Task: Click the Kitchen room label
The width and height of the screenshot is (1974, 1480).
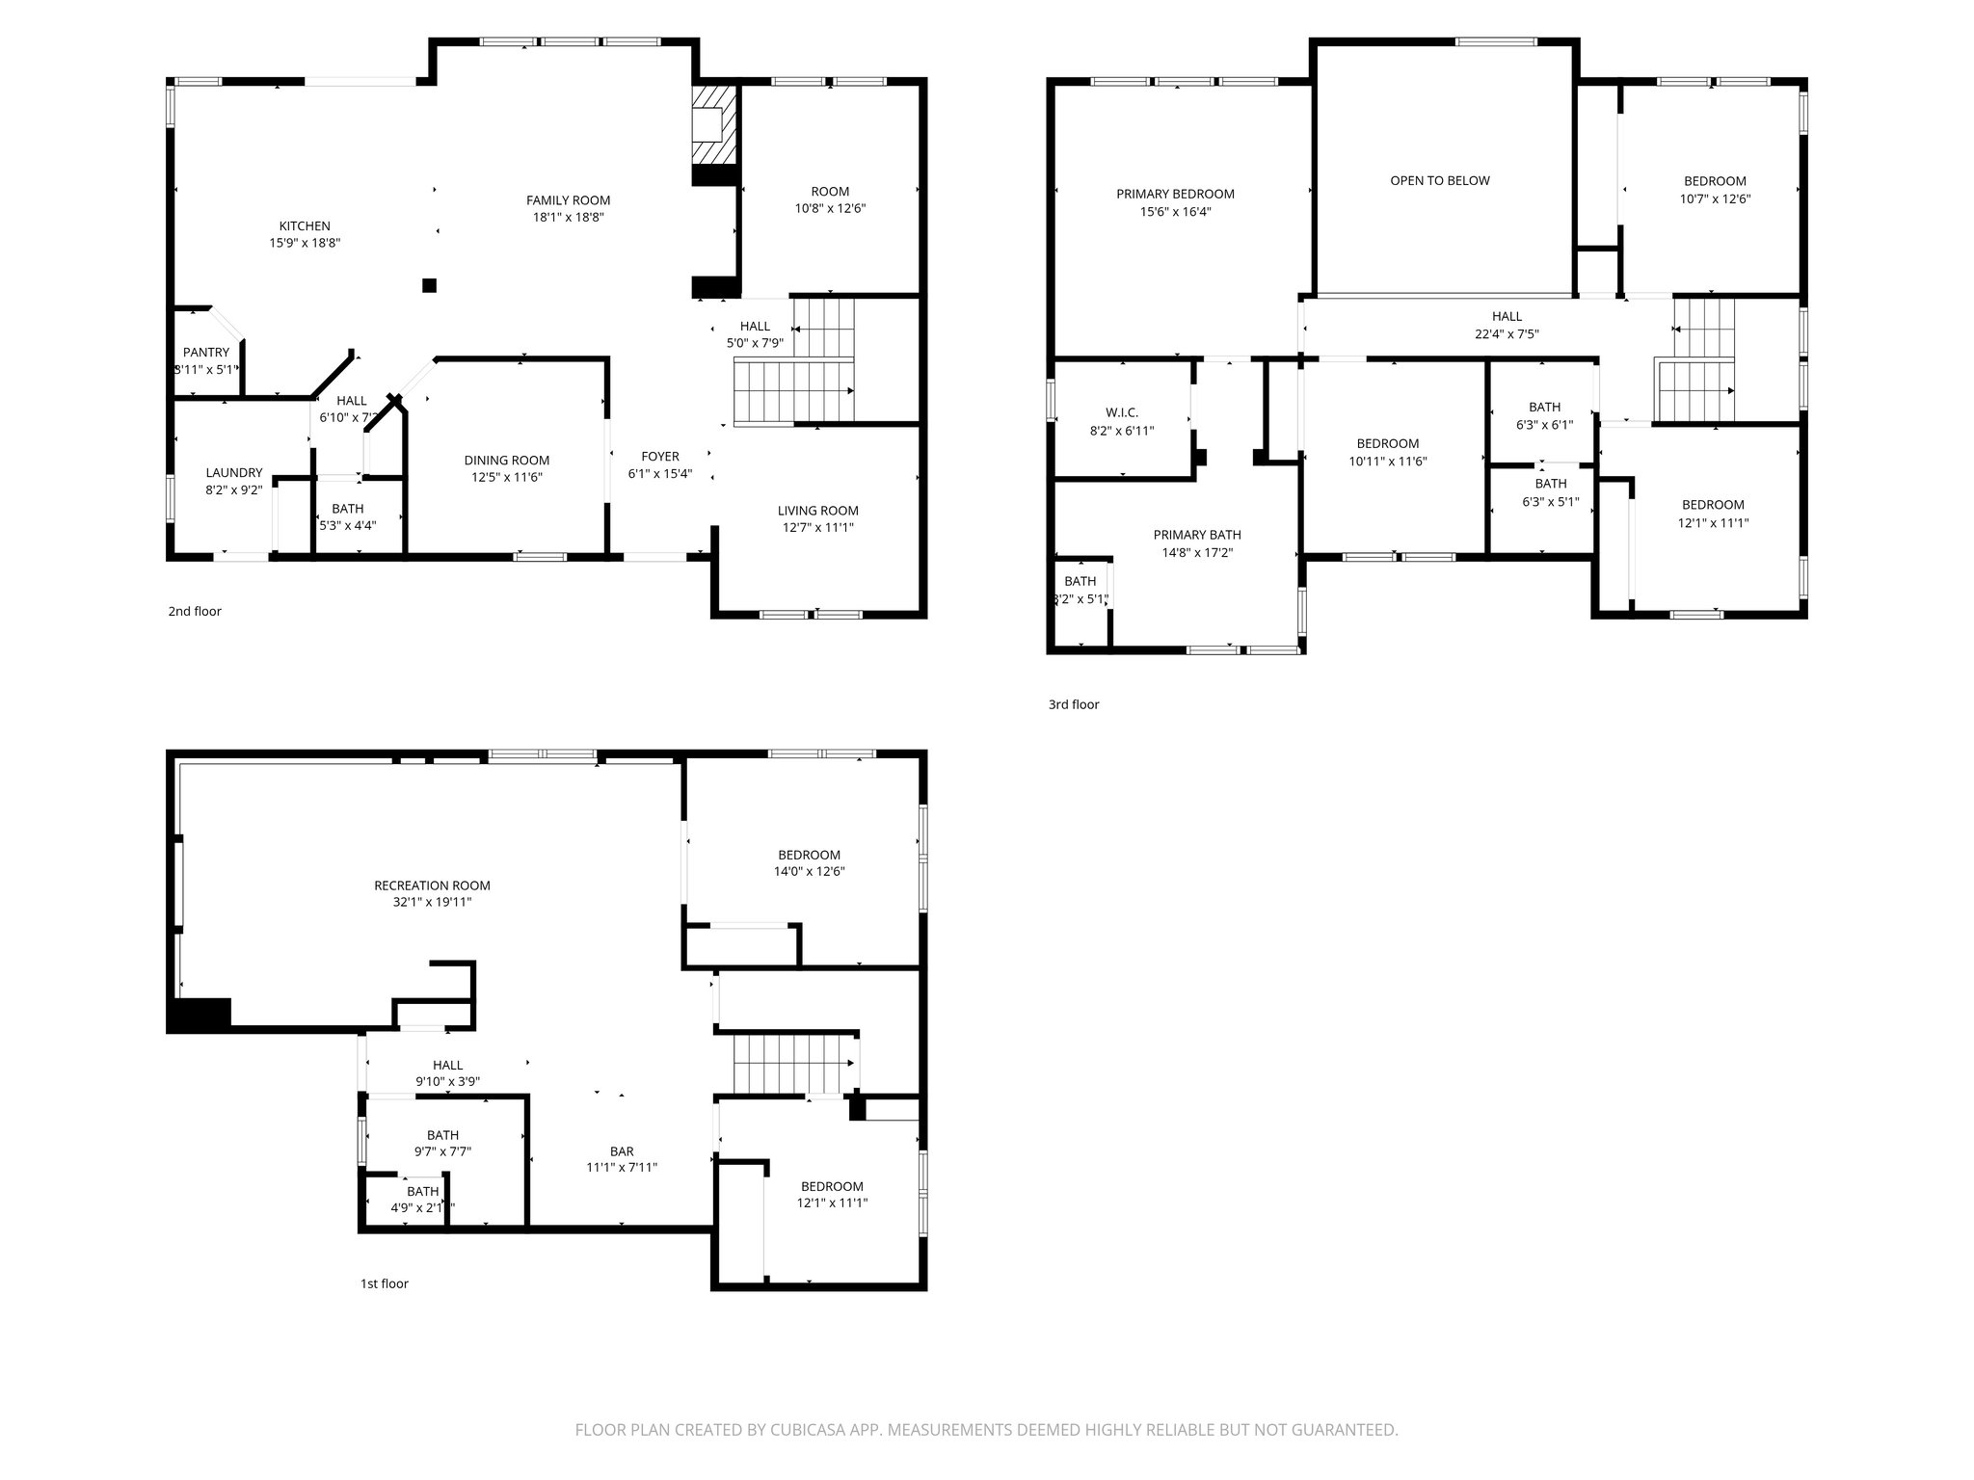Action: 305,226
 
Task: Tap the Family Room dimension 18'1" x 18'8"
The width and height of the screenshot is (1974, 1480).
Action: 568,218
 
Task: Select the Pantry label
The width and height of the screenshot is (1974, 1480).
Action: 206,353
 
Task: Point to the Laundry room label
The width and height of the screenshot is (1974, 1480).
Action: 233,473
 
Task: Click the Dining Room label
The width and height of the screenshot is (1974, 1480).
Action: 506,461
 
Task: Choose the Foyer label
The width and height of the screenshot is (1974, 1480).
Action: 660,457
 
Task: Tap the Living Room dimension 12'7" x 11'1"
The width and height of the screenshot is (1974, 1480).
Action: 818,527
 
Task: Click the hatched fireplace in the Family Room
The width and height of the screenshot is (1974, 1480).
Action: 714,126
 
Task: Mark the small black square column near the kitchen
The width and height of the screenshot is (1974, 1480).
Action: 429,285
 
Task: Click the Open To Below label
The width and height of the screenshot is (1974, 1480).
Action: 1439,180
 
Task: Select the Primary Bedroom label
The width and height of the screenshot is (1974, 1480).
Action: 1175,194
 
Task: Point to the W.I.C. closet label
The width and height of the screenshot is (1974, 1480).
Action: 1122,412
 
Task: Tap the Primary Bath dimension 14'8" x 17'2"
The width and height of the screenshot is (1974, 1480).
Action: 1197,553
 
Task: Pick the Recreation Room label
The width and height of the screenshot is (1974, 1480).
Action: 432,885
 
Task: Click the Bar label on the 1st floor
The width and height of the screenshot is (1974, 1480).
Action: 622,1151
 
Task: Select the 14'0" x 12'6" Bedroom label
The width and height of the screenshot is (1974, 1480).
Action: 809,855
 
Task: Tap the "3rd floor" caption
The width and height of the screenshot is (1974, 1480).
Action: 1073,704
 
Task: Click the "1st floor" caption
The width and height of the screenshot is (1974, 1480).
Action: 384,1283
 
